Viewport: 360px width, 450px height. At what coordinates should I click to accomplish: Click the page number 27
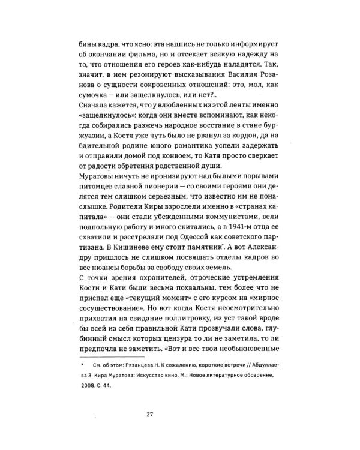click(x=179, y=414)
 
